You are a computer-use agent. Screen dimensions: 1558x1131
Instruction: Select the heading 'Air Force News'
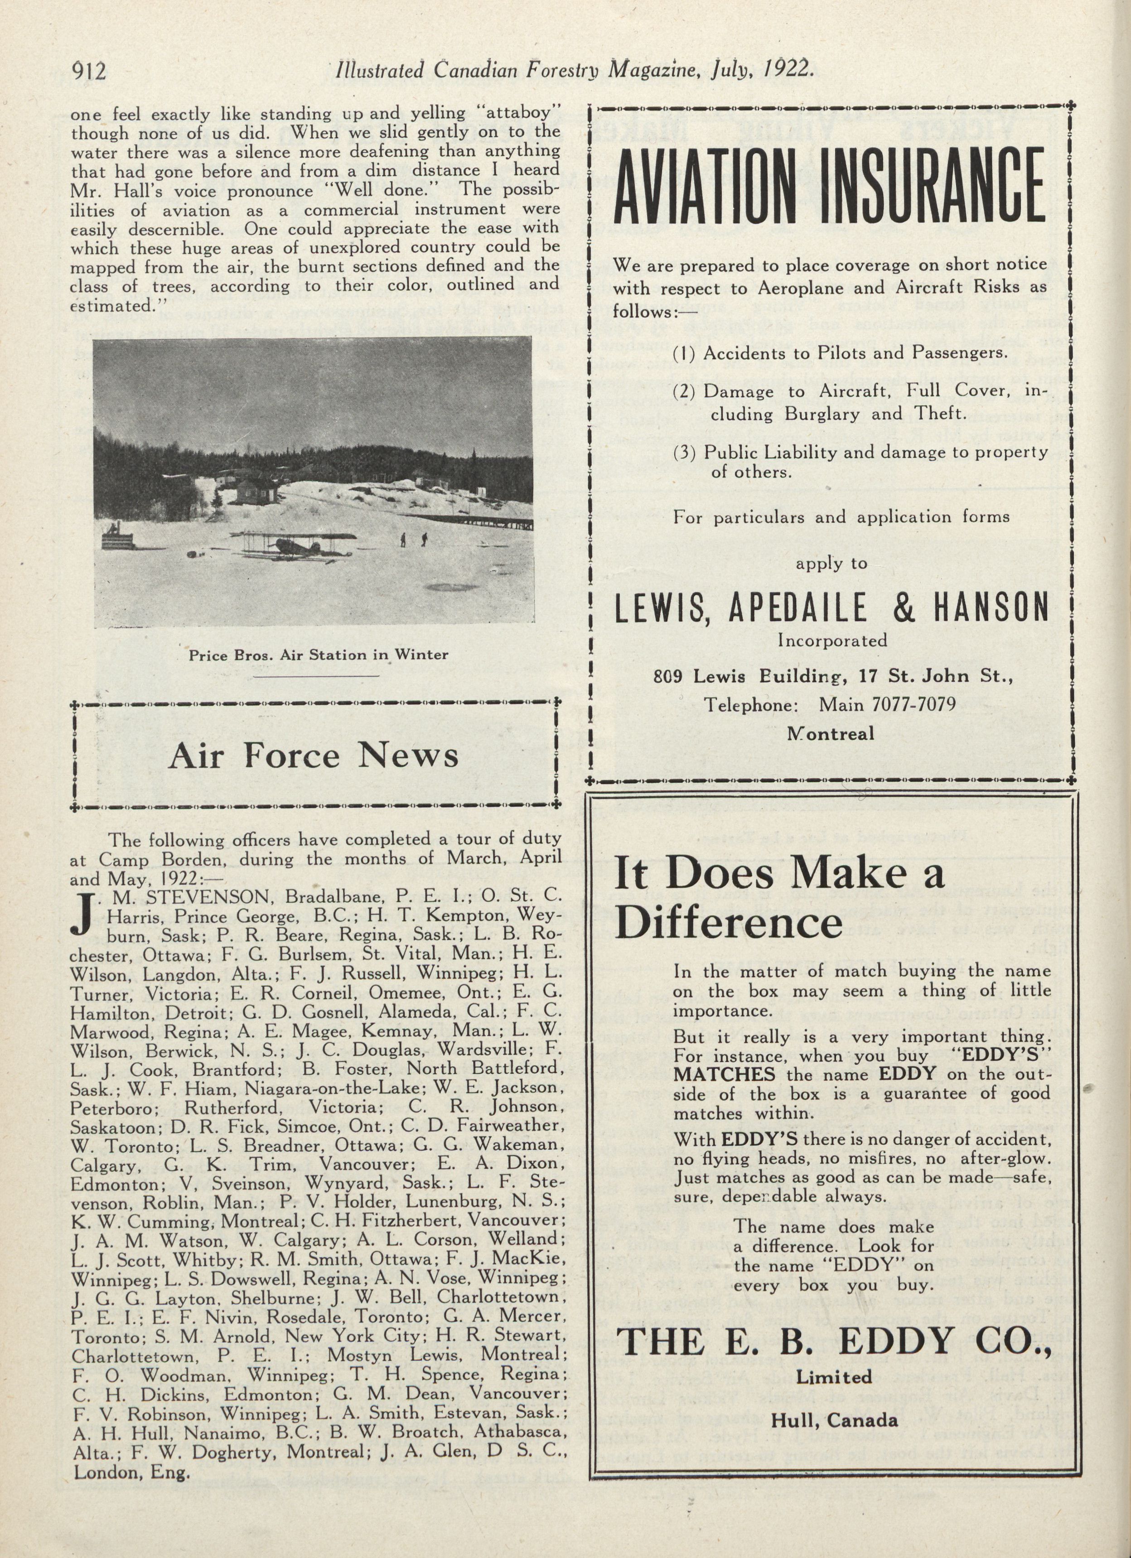(313, 756)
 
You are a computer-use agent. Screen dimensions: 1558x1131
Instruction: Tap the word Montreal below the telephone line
(831, 733)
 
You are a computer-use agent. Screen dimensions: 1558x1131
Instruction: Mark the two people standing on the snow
(414, 540)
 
